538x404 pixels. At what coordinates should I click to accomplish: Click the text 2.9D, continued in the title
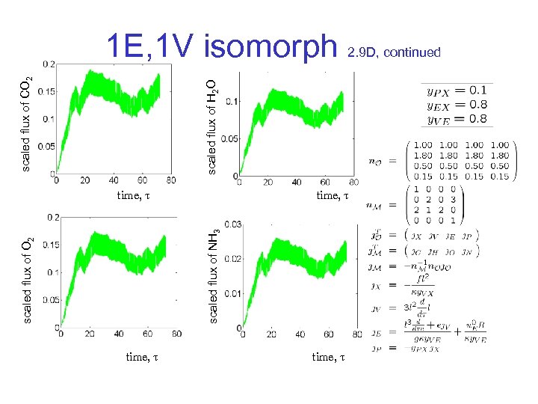tap(394, 52)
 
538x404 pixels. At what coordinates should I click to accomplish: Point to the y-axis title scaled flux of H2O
tap(212, 126)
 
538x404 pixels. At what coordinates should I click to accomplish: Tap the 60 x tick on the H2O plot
tap(325, 182)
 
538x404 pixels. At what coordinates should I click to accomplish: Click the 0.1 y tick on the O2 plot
tap(50, 272)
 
